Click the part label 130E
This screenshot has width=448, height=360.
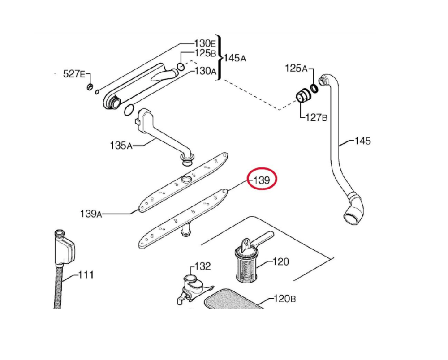[205, 44]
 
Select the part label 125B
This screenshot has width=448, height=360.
[205, 53]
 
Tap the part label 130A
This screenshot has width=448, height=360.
[205, 71]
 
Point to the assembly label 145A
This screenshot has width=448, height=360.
[234, 58]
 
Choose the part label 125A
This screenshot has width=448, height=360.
[296, 69]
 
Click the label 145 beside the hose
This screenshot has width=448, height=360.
[362, 141]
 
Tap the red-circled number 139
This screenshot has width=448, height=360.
[262, 181]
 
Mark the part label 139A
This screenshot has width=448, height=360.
[91, 214]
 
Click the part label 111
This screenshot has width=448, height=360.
[86, 274]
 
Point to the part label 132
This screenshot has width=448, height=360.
[202, 266]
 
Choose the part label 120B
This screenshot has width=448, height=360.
[284, 299]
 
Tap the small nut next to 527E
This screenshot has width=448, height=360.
[90, 86]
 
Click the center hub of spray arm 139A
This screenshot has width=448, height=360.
[185, 180]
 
